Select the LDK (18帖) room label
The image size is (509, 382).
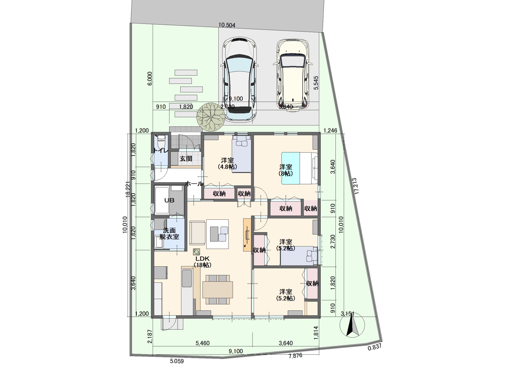tap(202, 262)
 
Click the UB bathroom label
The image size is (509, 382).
tap(169, 200)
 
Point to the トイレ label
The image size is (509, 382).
tap(160, 150)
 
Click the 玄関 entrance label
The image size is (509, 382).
tap(186, 159)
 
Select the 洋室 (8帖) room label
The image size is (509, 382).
tap(286, 170)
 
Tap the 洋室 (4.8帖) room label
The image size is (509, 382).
tap(227, 163)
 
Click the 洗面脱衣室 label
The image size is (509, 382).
tap(169, 233)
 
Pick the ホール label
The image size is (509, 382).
tap(194, 184)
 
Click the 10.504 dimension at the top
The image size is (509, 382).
tap(227, 25)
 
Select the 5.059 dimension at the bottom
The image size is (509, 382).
tap(177, 361)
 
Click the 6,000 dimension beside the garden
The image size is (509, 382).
tap(150, 78)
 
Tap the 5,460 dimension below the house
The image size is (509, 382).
tap(203, 343)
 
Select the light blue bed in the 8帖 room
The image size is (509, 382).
tap(291, 168)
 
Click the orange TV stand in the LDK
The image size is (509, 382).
tap(247, 235)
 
